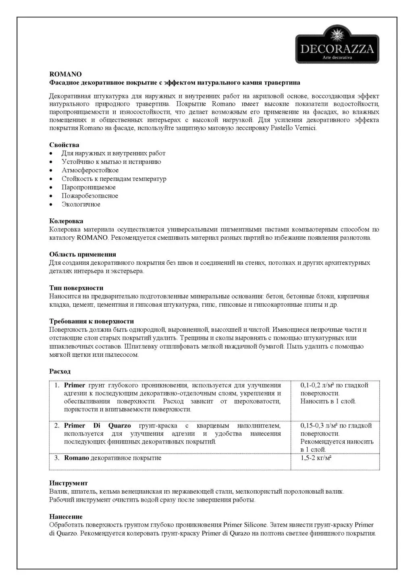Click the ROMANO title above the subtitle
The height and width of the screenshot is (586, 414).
[x=65, y=74]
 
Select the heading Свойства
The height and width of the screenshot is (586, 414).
[x=64, y=145]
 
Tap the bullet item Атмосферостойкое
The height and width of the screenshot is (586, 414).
[x=90, y=170]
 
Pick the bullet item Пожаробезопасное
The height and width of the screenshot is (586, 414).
[x=89, y=196]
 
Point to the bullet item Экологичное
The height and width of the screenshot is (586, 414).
[x=81, y=204]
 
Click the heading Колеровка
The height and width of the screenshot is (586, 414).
[x=66, y=221]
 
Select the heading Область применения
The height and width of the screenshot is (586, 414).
[x=83, y=254]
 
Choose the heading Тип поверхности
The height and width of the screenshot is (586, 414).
[x=76, y=288]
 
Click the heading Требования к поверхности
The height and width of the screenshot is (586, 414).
[x=92, y=321]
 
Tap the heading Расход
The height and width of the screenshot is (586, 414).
[x=60, y=371]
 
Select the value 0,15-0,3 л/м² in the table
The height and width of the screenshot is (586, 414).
[x=319, y=426]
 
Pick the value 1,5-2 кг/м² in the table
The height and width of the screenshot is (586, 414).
[x=316, y=458]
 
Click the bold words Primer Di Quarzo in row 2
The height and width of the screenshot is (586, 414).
[x=97, y=426]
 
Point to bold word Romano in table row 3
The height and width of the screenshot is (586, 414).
[x=76, y=458]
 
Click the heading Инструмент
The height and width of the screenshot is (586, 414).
[x=68, y=483]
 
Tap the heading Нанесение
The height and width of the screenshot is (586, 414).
[x=66, y=517]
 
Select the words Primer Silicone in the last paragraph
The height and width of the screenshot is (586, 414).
[x=245, y=525]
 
